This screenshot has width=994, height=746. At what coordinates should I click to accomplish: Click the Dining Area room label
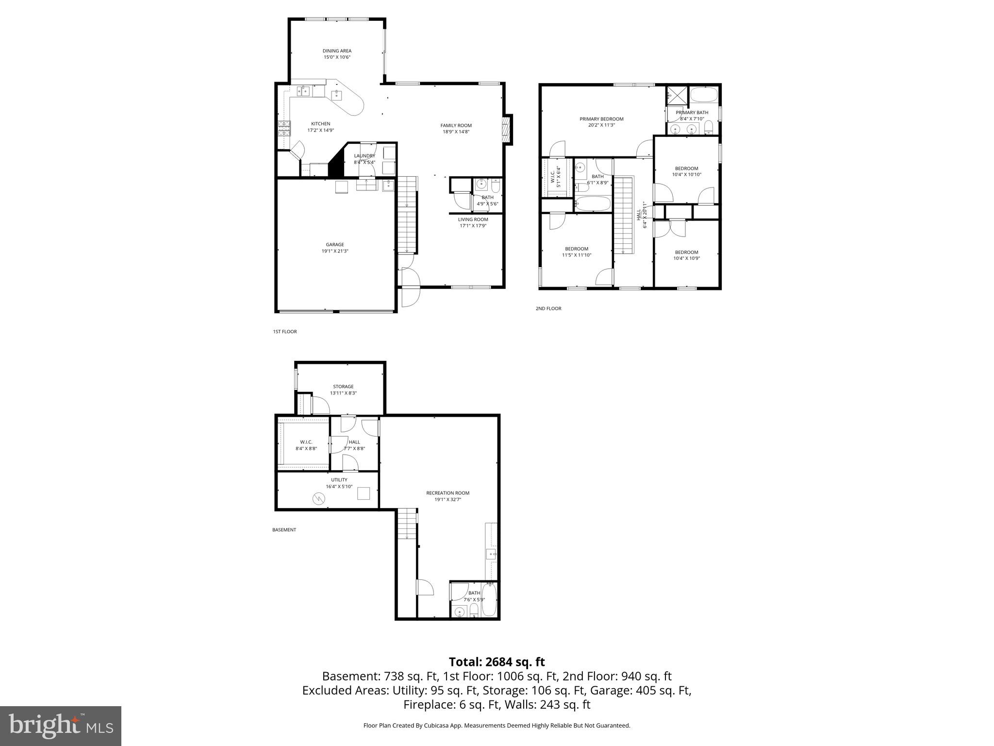pyautogui.click(x=337, y=51)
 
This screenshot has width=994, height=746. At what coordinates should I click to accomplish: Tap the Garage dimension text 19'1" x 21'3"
pyautogui.click(x=335, y=251)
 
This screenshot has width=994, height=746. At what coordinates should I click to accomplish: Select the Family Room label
pyautogui.click(x=456, y=125)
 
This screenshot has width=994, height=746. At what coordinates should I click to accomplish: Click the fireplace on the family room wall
pyautogui.click(x=507, y=129)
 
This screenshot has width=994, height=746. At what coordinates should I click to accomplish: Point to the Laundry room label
pyautogui.click(x=364, y=156)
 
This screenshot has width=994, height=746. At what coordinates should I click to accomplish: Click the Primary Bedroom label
pyautogui.click(x=601, y=119)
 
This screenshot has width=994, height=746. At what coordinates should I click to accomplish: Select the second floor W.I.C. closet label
pyautogui.click(x=552, y=177)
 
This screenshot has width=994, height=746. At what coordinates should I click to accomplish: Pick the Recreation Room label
pyautogui.click(x=447, y=493)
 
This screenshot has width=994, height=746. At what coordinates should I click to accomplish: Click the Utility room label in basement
pyautogui.click(x=339, y=480)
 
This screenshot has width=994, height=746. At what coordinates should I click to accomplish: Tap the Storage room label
pyautogui.click(x=343, y=387)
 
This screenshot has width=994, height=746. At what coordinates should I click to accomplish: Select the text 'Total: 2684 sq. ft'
pyautogui.click(x=497, y=662)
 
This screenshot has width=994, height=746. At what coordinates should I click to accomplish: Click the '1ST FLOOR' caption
pyautogui.click(x=285, y=332)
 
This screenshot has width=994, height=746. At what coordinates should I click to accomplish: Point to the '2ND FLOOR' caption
pyautogui.click(x=548, y=308)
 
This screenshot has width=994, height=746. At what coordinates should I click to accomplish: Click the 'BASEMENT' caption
pyautogui.click(x=284, y=530)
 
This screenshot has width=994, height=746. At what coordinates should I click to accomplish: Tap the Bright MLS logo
pyautogui.click(x=61, y=726)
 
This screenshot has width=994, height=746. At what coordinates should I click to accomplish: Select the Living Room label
pyautogui.click(x=473, y=220)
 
